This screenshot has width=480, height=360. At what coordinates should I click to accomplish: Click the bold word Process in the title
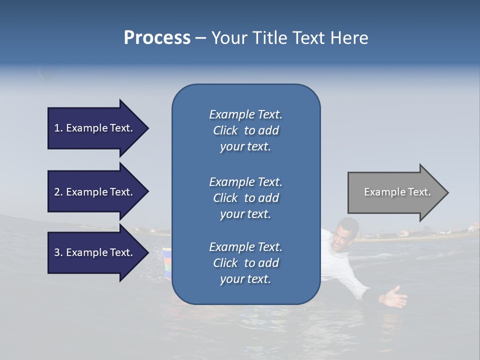[157, 38]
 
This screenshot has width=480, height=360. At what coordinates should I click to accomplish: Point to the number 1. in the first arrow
[58, 128]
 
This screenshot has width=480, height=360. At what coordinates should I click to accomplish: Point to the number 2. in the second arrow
[58, 192]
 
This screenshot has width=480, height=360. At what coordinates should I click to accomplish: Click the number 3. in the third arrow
[58, 252]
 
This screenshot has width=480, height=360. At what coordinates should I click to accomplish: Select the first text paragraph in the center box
[245, 130]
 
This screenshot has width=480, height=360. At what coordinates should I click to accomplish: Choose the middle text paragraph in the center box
[245, 198]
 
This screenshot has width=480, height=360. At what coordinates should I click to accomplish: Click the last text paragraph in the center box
[245, 263]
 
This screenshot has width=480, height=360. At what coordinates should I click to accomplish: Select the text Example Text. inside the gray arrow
[397, 192]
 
